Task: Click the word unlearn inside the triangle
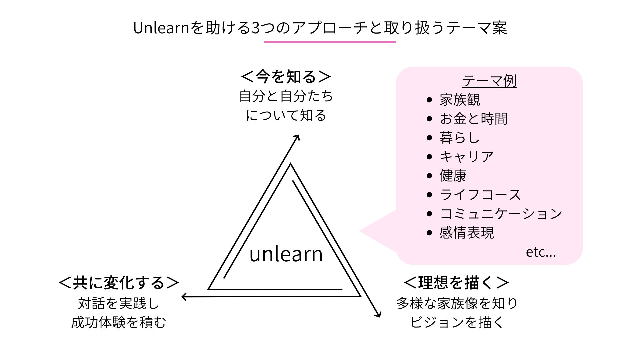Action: click(x=286, y=254)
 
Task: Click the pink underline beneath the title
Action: click(x=330, y=42)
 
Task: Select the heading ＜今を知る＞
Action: click(x=286, y=77)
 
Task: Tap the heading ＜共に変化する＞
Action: click(x=119, y=283)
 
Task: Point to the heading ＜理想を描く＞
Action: click(x=456, y=283)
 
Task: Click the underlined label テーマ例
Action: click(x=489, y=81)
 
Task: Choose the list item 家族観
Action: click(x=460, y=100)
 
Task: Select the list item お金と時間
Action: click(x=473, y=119)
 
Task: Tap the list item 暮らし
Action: click(x=459, y=138)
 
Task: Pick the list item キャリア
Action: click(x=467, y=157)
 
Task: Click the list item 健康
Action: click(x=453, y=176)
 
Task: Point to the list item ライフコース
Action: click(x=480, y=195)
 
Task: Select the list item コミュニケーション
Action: click(x=501, y=214)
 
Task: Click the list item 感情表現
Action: click(x=467, y=233)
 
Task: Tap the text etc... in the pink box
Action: click(x=541, y=252)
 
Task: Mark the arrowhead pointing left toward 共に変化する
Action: click(x=184, y=296)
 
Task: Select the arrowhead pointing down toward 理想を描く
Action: click(x=379, y=315)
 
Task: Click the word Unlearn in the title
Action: click(x=161, y=28)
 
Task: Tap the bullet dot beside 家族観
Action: click(x=429, y=100)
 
